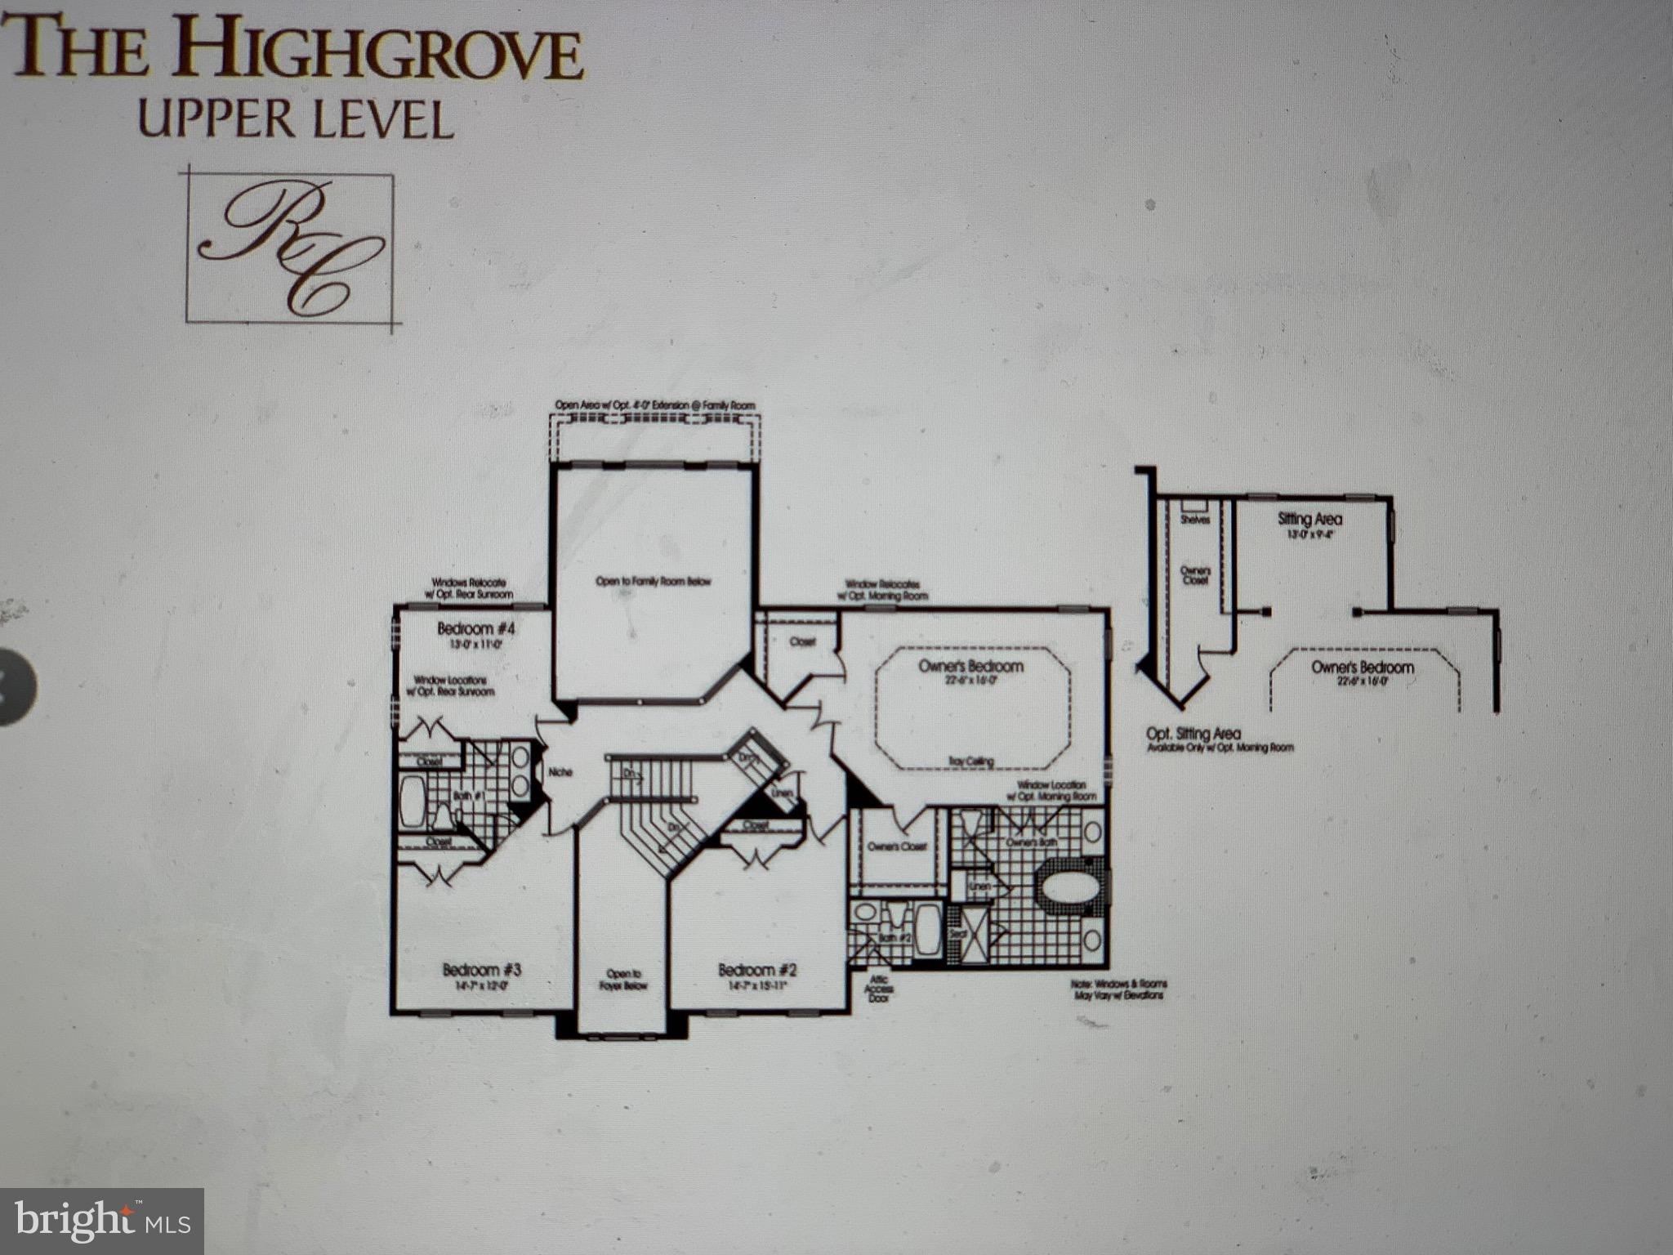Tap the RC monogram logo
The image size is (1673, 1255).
[291, 248]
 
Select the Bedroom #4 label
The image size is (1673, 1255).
[476, 628]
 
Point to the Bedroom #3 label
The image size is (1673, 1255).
[482, 970]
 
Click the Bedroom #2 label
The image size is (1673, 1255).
[757, 970]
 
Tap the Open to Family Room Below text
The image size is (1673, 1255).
[653, 582]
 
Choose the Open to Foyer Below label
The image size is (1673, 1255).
[627, 980]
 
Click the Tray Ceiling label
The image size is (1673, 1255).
[970, 761]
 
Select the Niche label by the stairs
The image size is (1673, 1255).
[560, 772]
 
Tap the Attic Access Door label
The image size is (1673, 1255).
[880, 989]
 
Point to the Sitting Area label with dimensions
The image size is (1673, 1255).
[1309, 524]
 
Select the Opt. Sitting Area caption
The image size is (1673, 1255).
[1193, 735]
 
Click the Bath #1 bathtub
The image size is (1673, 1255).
[413, 802]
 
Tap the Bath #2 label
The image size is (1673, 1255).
[894, 938]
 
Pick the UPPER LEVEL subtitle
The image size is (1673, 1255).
[295, 120]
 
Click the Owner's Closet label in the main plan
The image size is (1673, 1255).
[896, 846]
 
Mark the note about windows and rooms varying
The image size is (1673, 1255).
[1118, 989]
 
